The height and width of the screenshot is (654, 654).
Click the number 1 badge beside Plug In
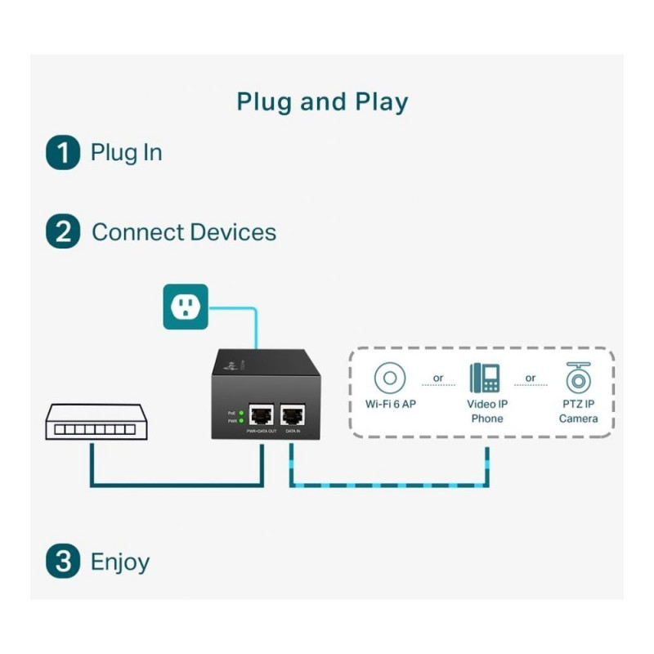click(63, 153)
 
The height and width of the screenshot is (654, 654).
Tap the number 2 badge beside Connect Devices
click(63, 232)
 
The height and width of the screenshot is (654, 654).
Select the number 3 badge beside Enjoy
click(63, 562)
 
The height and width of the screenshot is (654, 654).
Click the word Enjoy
click(120, 562)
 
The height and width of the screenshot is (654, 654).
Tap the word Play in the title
click(381, 102)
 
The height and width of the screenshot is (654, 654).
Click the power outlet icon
click(186, 307)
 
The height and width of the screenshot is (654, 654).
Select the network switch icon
click(96, 421)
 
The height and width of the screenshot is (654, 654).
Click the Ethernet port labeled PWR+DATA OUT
click(262, 415)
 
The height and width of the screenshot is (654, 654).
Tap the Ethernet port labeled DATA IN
click(292, 415)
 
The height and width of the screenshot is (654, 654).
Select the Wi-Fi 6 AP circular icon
click(390, 379)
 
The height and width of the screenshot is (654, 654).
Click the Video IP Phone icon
click(485, 379)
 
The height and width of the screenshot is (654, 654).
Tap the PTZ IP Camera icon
click(578, 379)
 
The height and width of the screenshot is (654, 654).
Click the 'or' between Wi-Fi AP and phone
click(438, 379)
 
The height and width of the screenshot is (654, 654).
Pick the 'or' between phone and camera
click(531, 379)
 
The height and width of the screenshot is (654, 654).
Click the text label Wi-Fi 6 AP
click(391, 404)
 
